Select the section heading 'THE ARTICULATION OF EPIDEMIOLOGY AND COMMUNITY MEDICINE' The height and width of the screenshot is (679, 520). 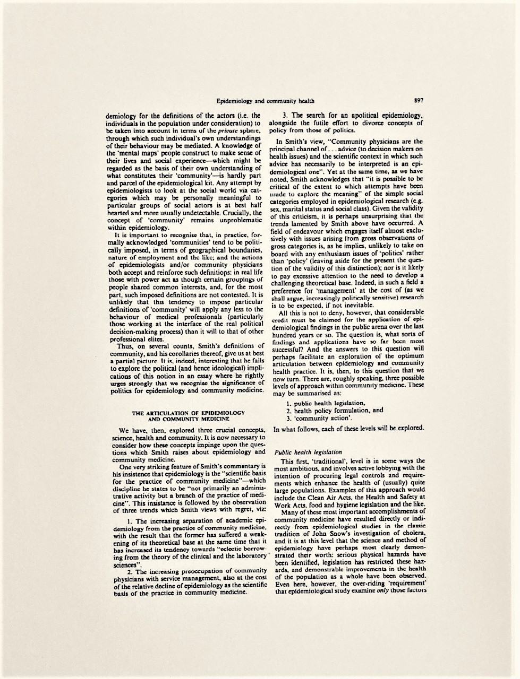pos(188,415)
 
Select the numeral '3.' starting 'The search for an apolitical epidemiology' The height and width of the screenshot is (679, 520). pos(285,115)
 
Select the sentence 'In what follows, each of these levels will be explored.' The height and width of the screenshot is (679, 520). pos(348,428)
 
